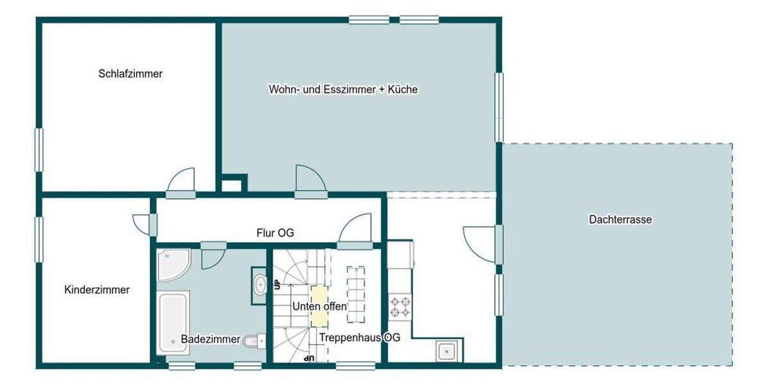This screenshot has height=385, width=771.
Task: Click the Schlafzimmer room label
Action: click(x=130, y=74)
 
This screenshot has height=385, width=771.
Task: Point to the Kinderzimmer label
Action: click(x=97, y=290)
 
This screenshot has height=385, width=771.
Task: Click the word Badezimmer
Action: click(x=210, y=339)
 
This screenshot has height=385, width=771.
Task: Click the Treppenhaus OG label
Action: click(x=360, y=338)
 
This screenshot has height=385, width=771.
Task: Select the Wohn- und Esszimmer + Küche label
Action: click(x=343, y=90)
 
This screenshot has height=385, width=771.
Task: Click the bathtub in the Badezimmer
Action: click(x=173, y=322)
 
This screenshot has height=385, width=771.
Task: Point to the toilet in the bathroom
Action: click(x=254, y=340)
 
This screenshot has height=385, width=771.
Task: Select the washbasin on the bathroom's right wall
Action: click(x=259, y=283)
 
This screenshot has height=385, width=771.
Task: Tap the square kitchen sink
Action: click(x=448, y=351)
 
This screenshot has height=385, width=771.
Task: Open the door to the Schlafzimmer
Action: click(x=181, y=184)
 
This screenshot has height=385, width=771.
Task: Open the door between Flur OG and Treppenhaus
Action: click(x=355, y=232)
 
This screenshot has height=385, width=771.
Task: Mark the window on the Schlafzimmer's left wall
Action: click(x=39, y=150)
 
